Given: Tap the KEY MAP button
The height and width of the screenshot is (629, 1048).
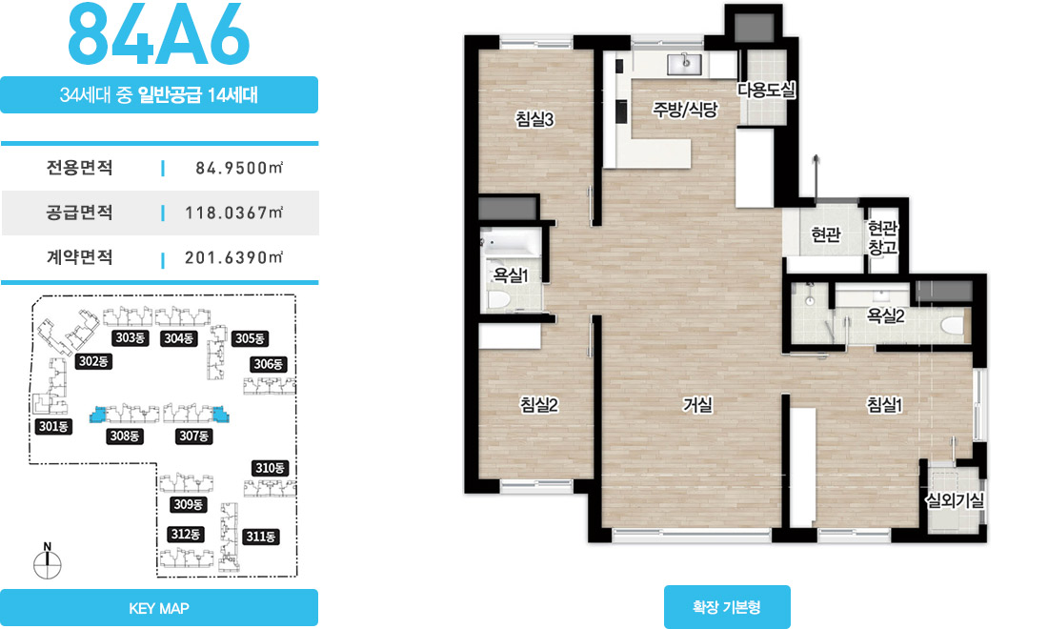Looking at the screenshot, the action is tap(159, 608).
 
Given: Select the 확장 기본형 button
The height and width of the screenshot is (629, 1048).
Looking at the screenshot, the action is tap(727, 607).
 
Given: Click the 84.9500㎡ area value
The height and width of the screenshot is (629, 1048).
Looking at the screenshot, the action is tap(239, 168).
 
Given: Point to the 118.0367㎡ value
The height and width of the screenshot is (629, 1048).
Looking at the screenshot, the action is tap(234, 213).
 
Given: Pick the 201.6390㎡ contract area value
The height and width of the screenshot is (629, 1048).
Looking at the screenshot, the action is tap(234, 257).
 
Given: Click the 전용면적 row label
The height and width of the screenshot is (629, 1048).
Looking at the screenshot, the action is tap(79, 167).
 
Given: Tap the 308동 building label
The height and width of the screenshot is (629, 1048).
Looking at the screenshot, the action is tap(124, 436).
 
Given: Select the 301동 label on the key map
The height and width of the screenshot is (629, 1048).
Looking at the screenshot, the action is tap(53, 426).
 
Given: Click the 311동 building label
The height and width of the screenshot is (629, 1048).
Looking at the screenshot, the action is tap(261, 537).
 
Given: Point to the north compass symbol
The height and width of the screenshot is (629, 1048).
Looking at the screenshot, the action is tap(48, 562).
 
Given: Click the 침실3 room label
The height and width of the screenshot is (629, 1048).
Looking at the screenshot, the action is tap(534, 119).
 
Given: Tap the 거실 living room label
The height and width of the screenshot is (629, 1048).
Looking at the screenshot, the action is tap(697, 404).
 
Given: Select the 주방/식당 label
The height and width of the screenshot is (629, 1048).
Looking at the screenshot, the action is tap(685, 109).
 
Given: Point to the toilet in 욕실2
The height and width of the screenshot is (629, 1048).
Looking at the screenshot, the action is tap(953, 326).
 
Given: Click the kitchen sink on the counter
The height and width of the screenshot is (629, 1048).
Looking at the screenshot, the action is tap(684, 64).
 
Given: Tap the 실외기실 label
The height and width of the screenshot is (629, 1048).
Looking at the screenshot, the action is tap(955, 500).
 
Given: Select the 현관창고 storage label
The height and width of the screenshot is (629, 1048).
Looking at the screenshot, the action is tap(883, 238).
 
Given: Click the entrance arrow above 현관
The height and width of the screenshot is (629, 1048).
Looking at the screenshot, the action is tap(816, 178).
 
